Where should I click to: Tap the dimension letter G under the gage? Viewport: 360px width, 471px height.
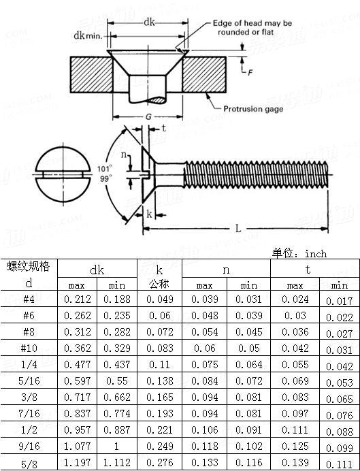[148, 116]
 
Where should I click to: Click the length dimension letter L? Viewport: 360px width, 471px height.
[238, 229]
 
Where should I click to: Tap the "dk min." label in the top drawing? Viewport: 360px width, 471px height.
[88, 35]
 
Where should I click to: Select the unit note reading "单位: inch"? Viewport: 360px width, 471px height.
[299, 253]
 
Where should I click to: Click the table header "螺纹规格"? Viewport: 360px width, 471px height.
[29, 266]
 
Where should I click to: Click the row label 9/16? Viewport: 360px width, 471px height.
[29, 447]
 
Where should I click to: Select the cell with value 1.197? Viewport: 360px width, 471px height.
[78, 464]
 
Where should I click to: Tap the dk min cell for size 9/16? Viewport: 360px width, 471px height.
[118, 447]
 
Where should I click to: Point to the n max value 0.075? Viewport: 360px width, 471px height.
[205, 364]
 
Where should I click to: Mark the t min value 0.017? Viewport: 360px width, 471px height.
[339, 300]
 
